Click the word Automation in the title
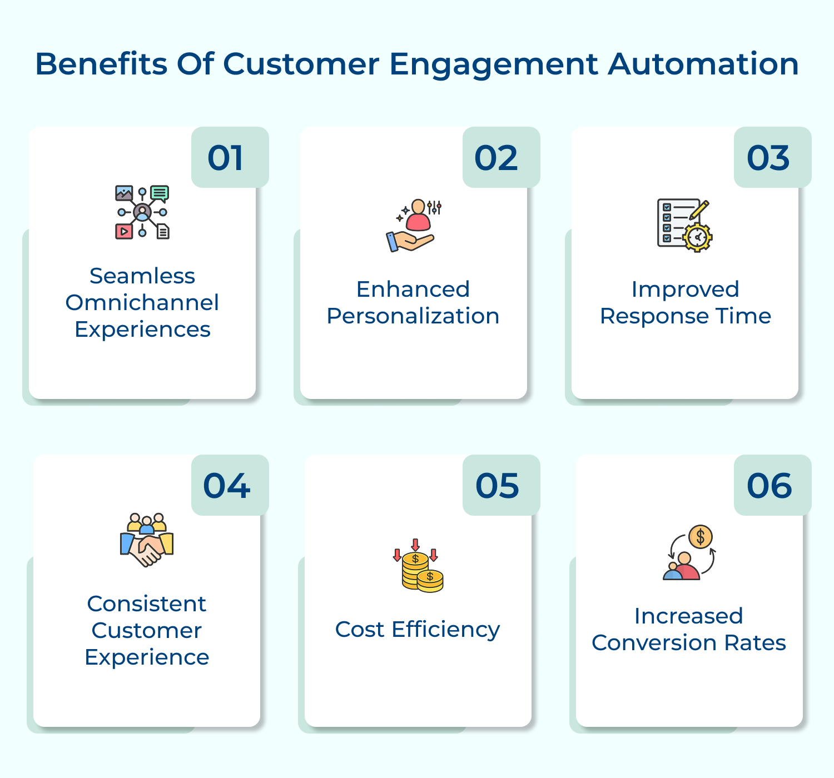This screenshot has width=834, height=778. [x=703, y=64]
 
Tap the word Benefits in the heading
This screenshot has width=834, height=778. [x=101, y=64]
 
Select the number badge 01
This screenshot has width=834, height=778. [x=226, y=158]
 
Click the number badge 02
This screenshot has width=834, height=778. [x=497, y=158]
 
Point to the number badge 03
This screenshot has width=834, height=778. [x=768, y=158]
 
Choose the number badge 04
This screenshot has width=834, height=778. [x=227, y=486]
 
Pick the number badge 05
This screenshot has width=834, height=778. [x=498, y=486]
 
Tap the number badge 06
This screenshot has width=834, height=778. [x=770, y=486]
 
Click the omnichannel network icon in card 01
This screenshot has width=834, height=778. [x=142, y=212]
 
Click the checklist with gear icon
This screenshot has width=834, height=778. [x=684, y=225]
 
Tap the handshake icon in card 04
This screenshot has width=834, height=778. [x=147, y=540]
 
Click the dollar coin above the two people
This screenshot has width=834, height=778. [x=701, y=537]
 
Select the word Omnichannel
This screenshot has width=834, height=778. [x=142, y=303]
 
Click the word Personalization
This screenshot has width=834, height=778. [x=413, y=316]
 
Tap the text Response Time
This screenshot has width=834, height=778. [x=686, y=316]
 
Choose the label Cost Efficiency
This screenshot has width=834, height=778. [x=418, y=630]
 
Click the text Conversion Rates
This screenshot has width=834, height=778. [x=689, y=643]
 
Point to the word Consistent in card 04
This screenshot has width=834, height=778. [x=147, y=604]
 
